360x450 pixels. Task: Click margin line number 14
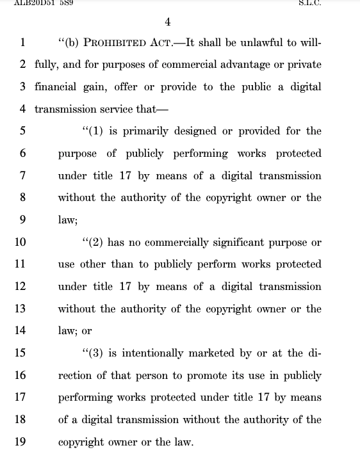point(20,331)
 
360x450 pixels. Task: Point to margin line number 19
point(20,442)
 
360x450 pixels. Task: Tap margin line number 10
point(20,242)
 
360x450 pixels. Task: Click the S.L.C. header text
point(310,3)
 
